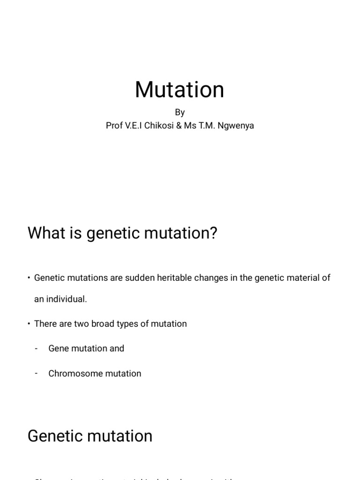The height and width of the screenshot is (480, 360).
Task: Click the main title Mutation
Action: [180, 90]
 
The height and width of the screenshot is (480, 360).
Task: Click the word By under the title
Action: [180, 112]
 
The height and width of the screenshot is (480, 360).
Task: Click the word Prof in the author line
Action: [114, 126]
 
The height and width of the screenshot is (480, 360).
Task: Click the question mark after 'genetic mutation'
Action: [213, 233]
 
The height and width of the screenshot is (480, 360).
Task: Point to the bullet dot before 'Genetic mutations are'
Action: [29, 278]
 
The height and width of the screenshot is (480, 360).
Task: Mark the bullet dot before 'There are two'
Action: [29, 324]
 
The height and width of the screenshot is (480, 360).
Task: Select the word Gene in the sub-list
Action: [58, 349]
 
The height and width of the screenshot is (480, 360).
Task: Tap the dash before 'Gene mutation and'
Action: [36, 349]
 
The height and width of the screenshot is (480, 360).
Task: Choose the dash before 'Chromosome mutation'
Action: [36, 374]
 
